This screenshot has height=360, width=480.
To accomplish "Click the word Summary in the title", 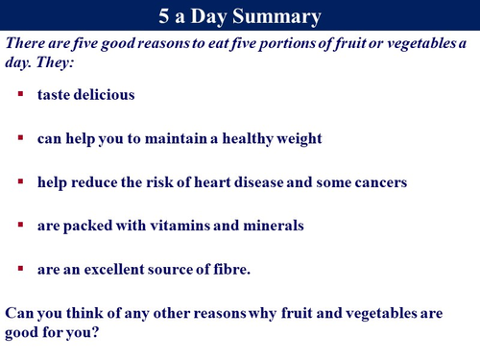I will point(279,16).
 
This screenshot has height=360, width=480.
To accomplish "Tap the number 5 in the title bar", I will point(163,16).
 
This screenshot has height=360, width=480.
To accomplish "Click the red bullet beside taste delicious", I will point(20,95).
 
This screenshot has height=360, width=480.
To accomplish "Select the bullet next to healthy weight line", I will point(20,138).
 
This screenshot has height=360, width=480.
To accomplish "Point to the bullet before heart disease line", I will point(20,181).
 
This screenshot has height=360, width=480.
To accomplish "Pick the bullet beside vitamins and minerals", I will point(20,225).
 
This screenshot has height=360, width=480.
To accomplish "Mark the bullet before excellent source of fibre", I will point(20,268).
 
